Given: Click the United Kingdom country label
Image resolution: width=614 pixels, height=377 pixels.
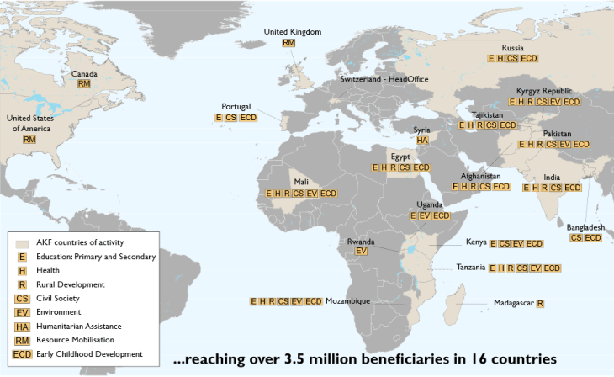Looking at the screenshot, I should (293, 32).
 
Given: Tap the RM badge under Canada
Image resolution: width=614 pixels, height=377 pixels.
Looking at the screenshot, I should (83, 84).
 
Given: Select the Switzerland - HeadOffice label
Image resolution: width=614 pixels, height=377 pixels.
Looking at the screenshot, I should (384, 78).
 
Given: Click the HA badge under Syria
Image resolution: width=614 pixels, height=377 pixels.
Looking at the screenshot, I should (422, 141).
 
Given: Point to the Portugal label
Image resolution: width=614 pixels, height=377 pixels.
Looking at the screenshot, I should (236, 107).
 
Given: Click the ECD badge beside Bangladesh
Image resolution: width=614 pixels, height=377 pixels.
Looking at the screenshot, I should (593, 238).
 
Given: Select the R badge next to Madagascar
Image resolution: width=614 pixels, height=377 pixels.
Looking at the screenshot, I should (539, 303).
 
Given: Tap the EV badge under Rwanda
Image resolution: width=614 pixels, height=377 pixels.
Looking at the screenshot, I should (361, 252).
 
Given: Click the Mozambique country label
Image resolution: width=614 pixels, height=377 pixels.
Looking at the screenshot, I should (347, 301).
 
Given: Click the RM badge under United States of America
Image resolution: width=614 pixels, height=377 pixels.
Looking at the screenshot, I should (29, 139).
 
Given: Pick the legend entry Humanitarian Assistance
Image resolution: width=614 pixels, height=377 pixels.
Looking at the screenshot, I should (81, 327).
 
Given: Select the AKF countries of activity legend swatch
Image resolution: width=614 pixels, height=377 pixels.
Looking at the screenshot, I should (23, 242).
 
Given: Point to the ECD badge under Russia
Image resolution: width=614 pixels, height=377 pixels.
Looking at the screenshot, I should (529, 59).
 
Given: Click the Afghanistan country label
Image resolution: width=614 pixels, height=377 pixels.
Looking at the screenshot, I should (480, 176).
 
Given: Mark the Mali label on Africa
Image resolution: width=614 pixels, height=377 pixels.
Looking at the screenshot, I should (301, 182).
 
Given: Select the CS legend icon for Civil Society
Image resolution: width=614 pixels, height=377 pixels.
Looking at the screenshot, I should (23, 299).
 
